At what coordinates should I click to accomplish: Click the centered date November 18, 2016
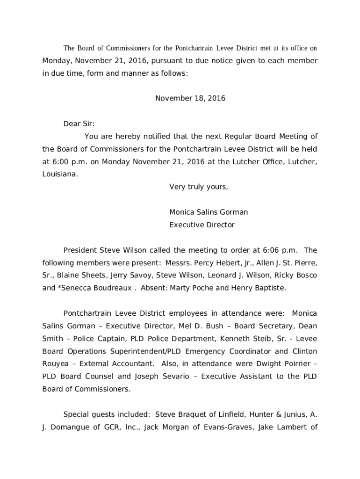click(190, 98)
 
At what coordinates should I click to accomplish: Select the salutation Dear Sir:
click(79, 124)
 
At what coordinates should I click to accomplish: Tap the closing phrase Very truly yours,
click(199, 187)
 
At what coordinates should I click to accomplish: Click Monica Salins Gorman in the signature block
click(209, 212)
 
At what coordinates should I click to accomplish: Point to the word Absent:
click(154, 288)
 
